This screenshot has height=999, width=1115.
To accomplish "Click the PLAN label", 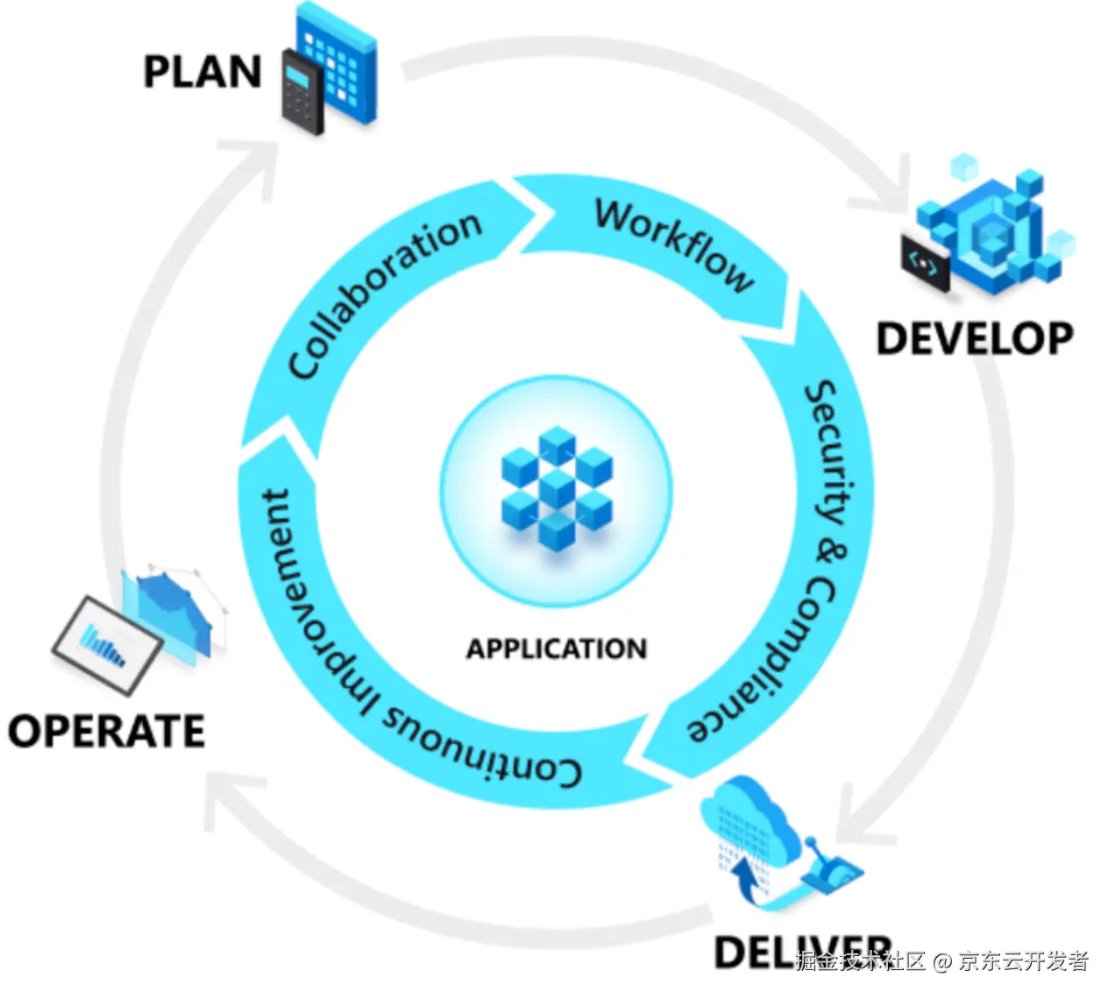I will [x=202, y=72].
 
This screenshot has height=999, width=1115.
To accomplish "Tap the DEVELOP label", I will [x=975, y=339].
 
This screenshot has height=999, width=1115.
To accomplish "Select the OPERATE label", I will [x=106, y=731].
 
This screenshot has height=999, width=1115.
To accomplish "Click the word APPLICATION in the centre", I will [x=557, y=649].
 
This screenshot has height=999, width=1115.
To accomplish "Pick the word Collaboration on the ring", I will [x=384, y=294].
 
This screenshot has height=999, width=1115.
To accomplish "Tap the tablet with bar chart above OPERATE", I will [x=107, y=644].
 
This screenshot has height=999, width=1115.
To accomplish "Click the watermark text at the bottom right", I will [x=941, y=961].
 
